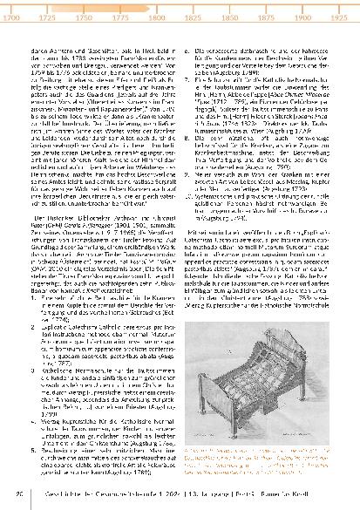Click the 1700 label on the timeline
pyautogui.click(x=14, y=17)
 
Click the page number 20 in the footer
pyautogui.click(x=19, y=497)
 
